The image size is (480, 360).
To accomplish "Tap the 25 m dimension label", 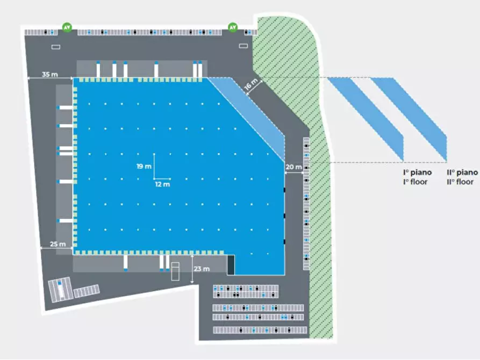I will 58,244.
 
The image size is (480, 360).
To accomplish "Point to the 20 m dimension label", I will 293,167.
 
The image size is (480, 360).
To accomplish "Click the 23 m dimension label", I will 202,269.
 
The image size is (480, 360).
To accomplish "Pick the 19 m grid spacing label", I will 144,167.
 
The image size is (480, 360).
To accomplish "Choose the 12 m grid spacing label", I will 163,184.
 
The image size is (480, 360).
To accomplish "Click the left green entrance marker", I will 67,27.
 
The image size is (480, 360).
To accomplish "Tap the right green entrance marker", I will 233,27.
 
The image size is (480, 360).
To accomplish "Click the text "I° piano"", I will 418,172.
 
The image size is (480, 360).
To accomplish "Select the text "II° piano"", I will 462,172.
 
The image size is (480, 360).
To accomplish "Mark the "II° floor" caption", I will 461,182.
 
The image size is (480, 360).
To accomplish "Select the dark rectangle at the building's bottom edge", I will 231,264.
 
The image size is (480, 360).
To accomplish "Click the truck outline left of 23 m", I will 176,271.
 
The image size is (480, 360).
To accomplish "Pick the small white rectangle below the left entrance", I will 56,47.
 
